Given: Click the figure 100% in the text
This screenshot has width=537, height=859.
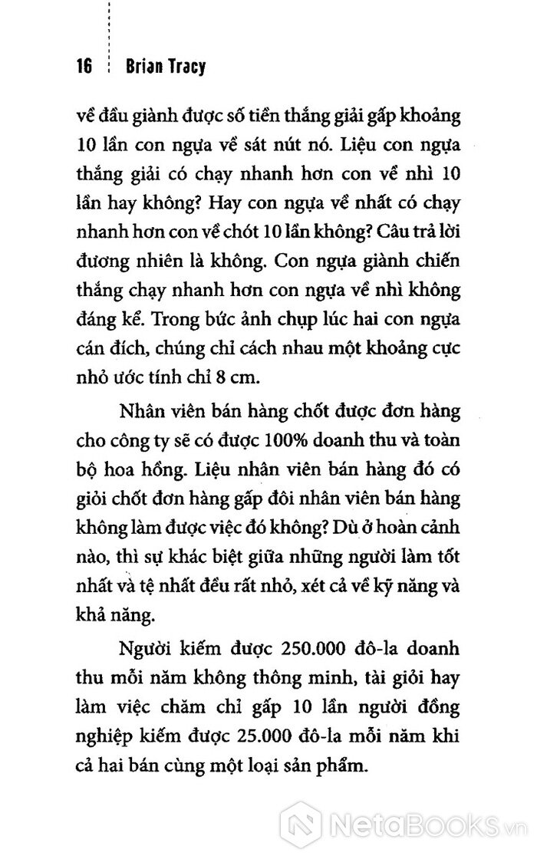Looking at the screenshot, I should [280, 441].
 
